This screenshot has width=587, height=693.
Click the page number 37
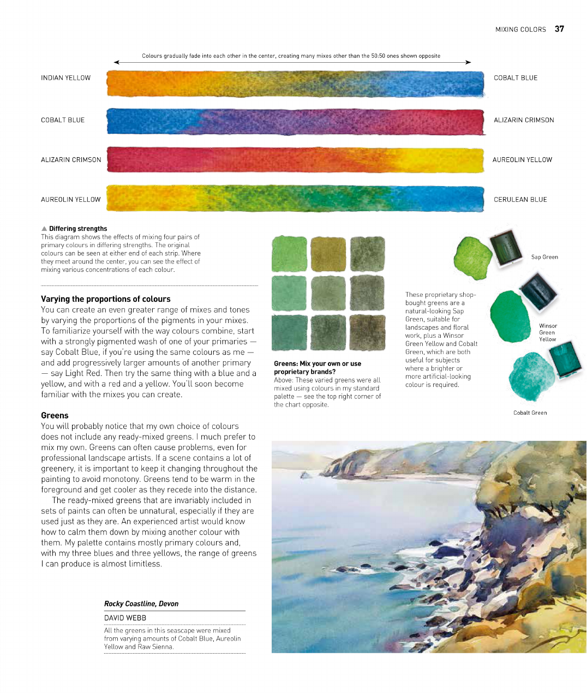(559, 29)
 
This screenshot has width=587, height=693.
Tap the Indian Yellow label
(65, 78)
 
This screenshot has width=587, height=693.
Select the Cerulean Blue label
(520, 200)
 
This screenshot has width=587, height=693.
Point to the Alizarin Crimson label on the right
(524, 120)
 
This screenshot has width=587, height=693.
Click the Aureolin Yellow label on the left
(70, 200)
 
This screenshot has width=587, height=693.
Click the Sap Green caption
(544, 257)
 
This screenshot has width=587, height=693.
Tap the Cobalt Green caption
(530, 413)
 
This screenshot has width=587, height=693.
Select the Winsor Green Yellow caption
(547, 332)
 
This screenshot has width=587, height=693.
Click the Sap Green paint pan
(506, 248)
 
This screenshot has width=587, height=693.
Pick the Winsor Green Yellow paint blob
(510, 316)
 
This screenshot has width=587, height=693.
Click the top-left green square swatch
(289, 254)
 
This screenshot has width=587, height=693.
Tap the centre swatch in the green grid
(328, 293)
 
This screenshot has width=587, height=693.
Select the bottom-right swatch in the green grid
(367, 332)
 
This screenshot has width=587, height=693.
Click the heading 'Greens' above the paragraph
(55, 415)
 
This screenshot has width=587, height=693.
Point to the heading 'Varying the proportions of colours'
(105, 299)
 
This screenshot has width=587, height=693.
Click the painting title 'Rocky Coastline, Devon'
(141, 604)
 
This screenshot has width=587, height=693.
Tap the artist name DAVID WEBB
(125, 618)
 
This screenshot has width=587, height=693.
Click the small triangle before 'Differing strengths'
(44, 229)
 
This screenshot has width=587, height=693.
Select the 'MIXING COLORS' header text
(520, 29)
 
